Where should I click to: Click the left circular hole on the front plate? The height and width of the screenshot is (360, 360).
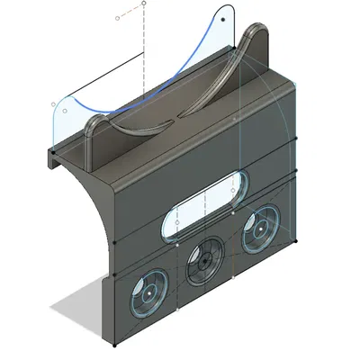tap(146, 292)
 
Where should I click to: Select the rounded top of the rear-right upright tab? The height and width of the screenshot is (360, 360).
tap(256, 33)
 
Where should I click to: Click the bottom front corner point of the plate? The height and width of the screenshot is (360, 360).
tap(115, 346)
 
